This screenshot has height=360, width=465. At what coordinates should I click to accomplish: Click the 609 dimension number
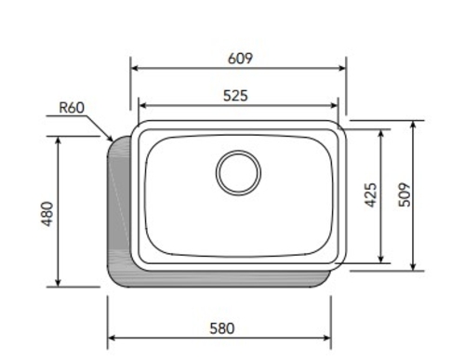tap(240, 59)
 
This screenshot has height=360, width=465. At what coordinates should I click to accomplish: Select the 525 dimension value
tap(235, 96)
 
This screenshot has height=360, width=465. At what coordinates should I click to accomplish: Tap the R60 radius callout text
tap(72, 108)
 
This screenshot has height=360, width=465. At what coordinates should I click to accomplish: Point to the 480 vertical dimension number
tap(47, 214)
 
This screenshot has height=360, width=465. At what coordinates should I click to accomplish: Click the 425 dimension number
tap(370, 195)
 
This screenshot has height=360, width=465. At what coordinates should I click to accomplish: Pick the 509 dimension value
tap(405, 194)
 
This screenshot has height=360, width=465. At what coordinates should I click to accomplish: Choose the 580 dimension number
tap(222, 328)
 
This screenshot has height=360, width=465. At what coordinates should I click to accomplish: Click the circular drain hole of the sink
tap(238, 173)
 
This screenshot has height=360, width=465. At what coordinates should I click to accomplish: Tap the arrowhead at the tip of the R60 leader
tap(110, 138)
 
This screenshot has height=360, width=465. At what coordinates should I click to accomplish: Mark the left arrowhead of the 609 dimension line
tap(134, 68)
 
